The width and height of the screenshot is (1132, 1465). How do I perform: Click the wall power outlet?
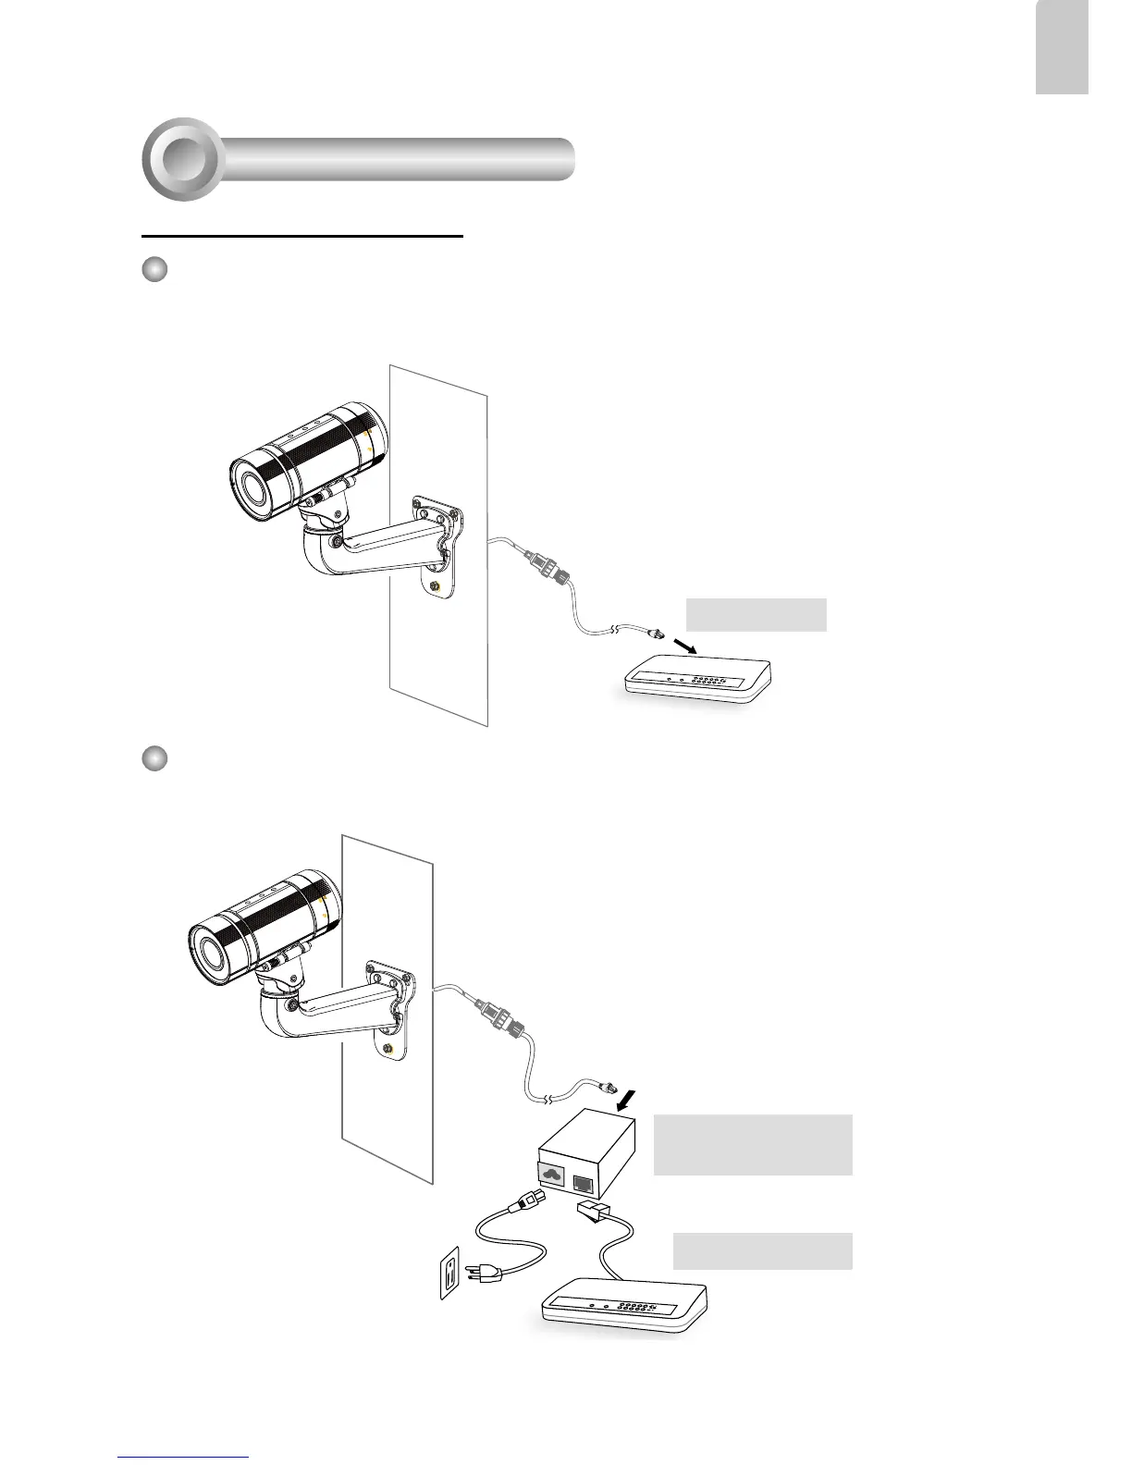[449, 1271]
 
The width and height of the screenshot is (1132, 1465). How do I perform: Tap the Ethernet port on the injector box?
[584, 1182]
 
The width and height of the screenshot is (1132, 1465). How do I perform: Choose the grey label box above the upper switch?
[756, 615]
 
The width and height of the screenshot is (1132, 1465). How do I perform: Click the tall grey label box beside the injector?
[753, 1145]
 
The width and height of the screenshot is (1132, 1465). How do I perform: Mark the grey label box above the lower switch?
[762, 1250]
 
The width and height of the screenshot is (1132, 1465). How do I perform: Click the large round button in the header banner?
[182, 160]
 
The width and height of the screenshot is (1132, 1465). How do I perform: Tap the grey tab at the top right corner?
[1062, 46]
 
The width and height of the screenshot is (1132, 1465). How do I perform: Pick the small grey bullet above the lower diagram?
[154, 758]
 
